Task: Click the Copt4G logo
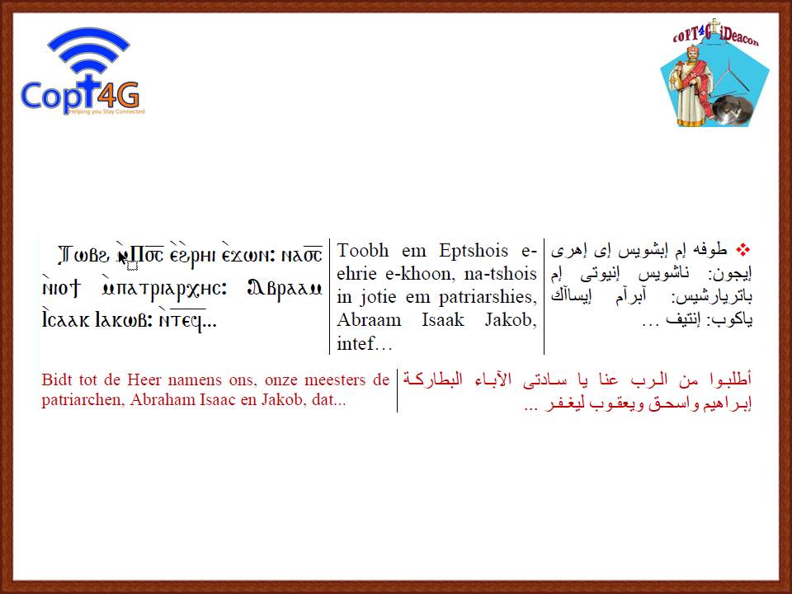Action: [x=82, y=71]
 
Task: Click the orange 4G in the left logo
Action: [x=119, y=94]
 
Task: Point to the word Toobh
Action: [x=363, y=250]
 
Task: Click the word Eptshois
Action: [x=474, y=251]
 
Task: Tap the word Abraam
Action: [x=370, y=320]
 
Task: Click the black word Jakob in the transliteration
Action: [x=510, y=320]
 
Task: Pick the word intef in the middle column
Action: [x=356, y=343]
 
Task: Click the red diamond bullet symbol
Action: [x=743, y=249]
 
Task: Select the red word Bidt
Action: [x=57, y=379]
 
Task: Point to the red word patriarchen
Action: [x=82, y=400]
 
